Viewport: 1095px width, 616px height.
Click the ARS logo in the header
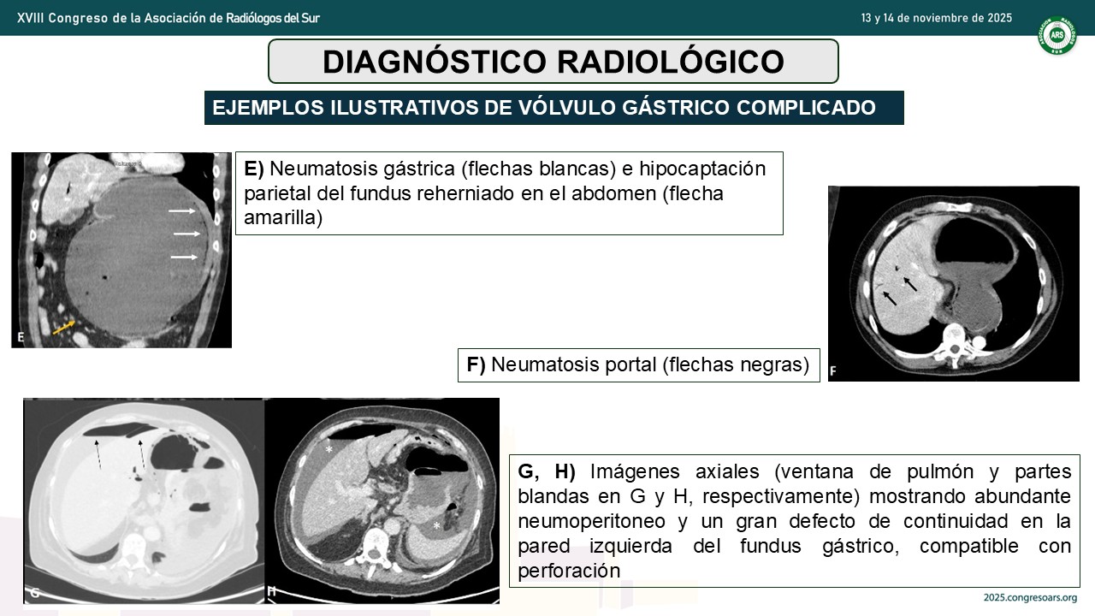[1057, 35]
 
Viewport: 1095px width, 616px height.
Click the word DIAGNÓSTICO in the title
[434, 62]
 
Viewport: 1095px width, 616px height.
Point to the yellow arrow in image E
[63, 328]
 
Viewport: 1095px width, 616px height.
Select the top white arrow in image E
[182, 211]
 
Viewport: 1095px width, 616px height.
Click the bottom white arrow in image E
[184, 258]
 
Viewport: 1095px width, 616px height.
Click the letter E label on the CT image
[21, 337]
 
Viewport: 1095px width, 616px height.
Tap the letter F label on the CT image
[833, 371]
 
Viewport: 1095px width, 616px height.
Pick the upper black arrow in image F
[909, 284]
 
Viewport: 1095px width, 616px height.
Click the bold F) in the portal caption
[476, 364]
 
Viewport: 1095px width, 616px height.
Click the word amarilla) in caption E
[283, 218]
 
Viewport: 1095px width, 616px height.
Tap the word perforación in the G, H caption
[569, 571]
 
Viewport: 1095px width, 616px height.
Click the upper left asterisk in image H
[329, 449]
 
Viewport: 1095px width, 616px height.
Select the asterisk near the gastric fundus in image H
[436, 526]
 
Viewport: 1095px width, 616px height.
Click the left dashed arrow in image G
[98, 454]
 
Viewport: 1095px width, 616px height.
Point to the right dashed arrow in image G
[142, 454]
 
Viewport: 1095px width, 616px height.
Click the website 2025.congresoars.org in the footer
[1031, 597]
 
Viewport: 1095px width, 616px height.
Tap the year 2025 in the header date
[999, 18]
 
